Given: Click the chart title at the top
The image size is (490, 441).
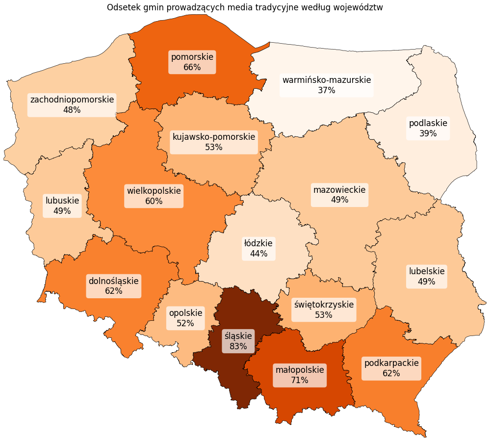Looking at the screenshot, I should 245,7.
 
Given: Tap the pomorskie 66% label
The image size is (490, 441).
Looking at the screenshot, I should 192,62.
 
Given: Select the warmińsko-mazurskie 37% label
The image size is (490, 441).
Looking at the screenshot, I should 327,85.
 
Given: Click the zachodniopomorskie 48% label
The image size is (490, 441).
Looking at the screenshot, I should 72,105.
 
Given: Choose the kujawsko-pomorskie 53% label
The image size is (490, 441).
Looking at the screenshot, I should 214,142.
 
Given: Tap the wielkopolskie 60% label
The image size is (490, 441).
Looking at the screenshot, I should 154,195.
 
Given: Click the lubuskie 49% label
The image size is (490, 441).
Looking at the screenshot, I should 62,206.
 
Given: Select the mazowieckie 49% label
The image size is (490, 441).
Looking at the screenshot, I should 339,195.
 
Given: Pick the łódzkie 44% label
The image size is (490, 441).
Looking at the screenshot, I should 258,248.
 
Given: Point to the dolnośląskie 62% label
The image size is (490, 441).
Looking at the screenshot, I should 113,286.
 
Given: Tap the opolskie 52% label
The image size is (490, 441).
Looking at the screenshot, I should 185,318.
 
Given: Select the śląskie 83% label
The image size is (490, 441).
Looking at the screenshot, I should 238,341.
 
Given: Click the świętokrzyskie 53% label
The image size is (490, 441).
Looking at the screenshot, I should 324,310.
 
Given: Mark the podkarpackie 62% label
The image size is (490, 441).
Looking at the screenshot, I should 391,368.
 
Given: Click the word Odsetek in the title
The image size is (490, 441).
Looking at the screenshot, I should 122,7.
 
